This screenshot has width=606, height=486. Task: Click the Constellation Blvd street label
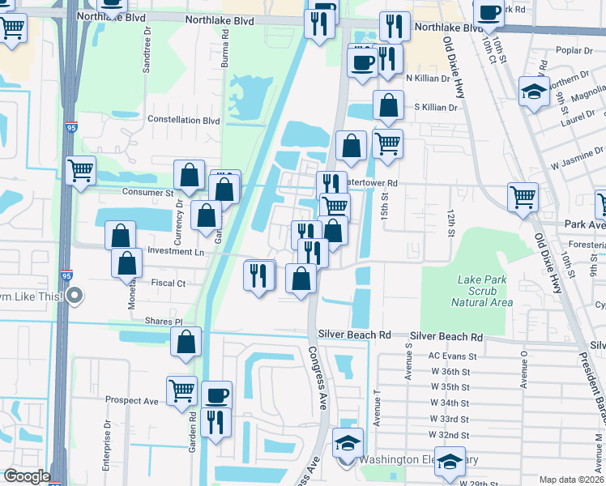click(x=184, y=120)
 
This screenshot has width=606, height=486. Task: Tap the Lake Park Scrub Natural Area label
click(x=485, y=291)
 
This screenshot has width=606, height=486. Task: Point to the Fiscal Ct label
click(x=169, y=283)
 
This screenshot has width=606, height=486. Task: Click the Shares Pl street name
click(x=164, y=321)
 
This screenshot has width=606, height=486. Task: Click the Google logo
click(x=26, y=476)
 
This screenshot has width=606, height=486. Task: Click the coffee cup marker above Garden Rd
click(x=216, y=395)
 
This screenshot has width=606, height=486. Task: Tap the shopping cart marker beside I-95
click(x=80, y=171)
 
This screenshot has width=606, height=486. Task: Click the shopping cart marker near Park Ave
click(x=523, y=197)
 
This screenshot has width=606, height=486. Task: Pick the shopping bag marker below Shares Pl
click(x=186, y=343)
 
